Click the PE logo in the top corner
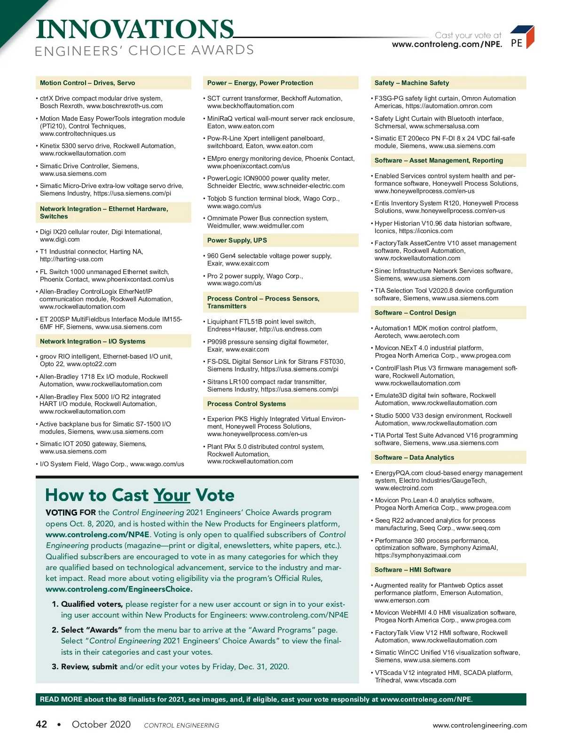(x=522, y=38)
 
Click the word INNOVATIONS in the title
(x=135, y=29)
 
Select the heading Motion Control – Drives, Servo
(x=87, y=83)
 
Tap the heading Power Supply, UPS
(x=237, y=241)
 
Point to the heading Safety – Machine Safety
(x=412, y=83)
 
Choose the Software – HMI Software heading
(x=413, y=570)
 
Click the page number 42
(x=41, y=724)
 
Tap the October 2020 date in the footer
(x=101, y=724)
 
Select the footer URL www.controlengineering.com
(x=480, y=725)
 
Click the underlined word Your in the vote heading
(x=172, y=495)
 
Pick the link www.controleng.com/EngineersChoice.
(x=119, y=589)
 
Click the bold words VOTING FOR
(x=70, y=513)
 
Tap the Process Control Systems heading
(x=246, y=404)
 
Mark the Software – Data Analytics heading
(x=414, y=458)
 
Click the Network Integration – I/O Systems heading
(x=93, y=342)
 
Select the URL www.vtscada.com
(x=430, y=681)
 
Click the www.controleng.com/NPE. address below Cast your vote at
(x=447, y=45)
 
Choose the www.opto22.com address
(x=92, y=364)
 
